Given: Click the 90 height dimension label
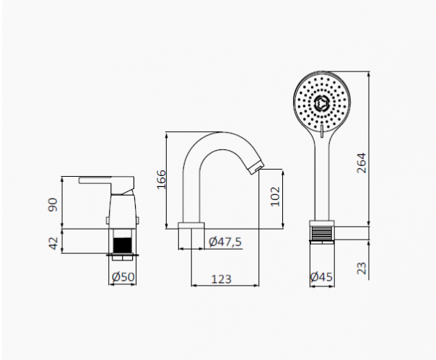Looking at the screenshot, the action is pyautogui.click(x=53, y=205).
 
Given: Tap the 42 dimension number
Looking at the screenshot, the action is pyautogui.click(x=53, y=243).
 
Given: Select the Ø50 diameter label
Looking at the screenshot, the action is pyautogui.click(x=123, y=276).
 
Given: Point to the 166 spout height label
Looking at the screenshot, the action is pyautogui.click(x=161, y=180).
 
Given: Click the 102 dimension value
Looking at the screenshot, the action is pyautogui.click(x=275, y=196).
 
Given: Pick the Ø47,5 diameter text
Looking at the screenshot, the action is pyautogui.click(x=225, y=242).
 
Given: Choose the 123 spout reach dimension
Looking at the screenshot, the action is pyautogui.click(x=222, y=278).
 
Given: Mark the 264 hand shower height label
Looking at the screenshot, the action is pyautogui.click(x=362, y=163).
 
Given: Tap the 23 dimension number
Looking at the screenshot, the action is pyautogui.click(x=362, y=268).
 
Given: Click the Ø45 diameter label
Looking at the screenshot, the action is pyautogui.click(x=321, y=276).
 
